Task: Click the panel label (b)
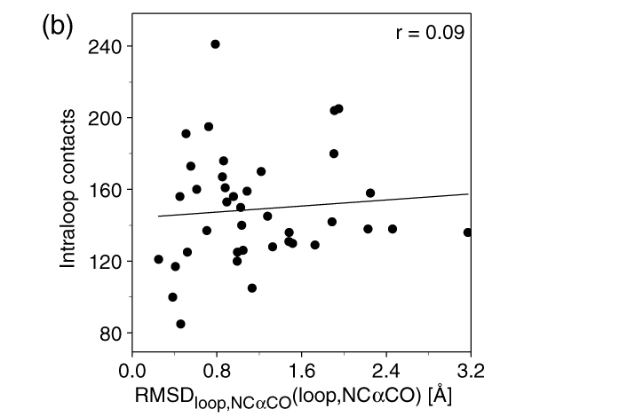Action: click(x=57, y=26)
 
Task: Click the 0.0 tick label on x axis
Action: click(x=132, y=367)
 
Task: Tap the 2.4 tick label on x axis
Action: click(x=385, y=367)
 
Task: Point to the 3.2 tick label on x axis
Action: click(x=470, y=367)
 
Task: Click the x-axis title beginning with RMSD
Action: click(x=294, y=396)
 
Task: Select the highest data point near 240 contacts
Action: click(x=215, y=43)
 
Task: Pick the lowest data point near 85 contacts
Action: click(x=180, y=324)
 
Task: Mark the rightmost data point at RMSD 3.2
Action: click(x=468, y=232)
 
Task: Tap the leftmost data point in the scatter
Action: click(x=158, y=259)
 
